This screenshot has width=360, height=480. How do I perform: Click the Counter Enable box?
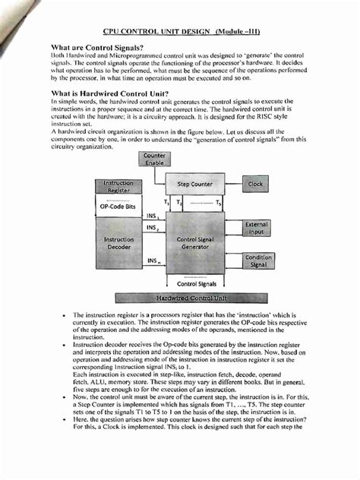155,159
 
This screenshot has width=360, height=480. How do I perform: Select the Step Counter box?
194,185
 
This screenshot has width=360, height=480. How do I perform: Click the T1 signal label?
170,204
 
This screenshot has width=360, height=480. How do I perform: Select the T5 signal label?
218,204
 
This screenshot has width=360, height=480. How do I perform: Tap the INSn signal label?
153,261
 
